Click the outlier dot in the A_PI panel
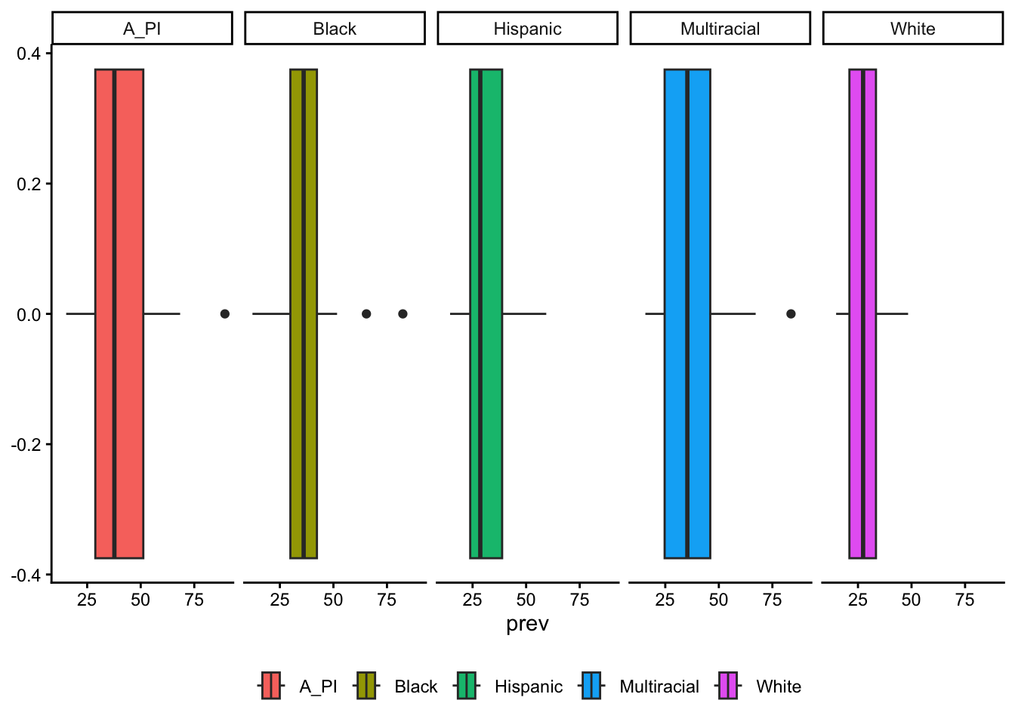pos(224,313)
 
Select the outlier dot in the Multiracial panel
pos(791,313)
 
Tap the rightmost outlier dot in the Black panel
pos(403,313)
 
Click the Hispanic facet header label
pos(527,29)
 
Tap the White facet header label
pos(912,29)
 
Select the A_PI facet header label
pos(142,29)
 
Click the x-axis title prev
pos(527,624)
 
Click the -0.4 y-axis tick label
pos(26,575)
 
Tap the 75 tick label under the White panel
pos(964,600)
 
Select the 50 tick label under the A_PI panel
pos(140,600)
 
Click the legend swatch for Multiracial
pos(591,686)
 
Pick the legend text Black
pos(416,686)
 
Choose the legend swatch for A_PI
pos(271,686)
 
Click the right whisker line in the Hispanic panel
pos(524,313)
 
